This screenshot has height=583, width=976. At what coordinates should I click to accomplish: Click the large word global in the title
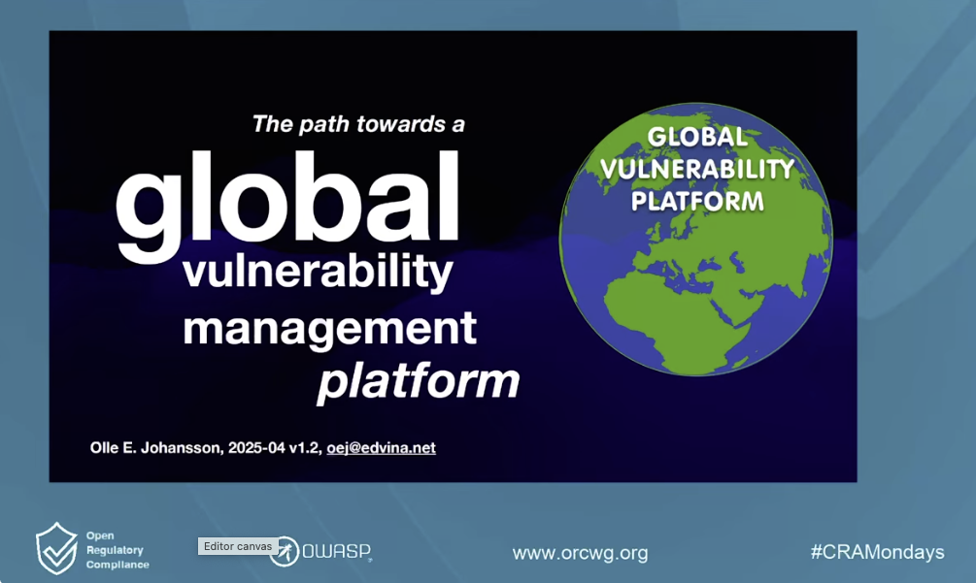point(287,204)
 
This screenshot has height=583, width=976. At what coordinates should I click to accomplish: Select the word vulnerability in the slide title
point(319,271)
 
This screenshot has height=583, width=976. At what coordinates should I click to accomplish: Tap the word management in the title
point(330,329)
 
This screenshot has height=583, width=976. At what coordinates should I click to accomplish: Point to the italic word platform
point(419,381)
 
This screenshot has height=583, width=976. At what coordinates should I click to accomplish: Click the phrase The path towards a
point(358,124)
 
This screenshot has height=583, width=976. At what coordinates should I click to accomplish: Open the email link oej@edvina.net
point(381,448)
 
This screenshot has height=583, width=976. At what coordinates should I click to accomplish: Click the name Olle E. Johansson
point(155,448)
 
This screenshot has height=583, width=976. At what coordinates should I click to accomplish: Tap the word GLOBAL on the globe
point(697,138)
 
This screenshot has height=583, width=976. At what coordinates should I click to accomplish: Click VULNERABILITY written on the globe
point(697,169)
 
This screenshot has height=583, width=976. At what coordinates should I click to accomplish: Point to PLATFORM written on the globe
point(697,202)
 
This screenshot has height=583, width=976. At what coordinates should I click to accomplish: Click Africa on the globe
point(672,317)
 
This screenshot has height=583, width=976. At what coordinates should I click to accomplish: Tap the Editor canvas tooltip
point(238,546)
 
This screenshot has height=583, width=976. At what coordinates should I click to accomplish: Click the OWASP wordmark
point(337,551)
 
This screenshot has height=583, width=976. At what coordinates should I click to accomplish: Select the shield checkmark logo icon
point(56,548)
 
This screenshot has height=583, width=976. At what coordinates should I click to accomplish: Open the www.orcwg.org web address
point(580,553)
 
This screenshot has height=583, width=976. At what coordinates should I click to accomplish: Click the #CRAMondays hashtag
point(878,552)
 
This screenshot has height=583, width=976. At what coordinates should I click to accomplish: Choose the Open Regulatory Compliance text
point(118,550)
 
